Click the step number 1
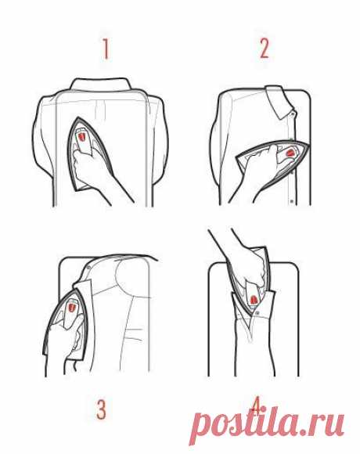click(x=106, y=49)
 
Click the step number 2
click(x=264, y=49)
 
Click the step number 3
click(x=101, y=410)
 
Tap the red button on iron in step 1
click(x=82, y=136)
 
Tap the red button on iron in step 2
click(x=290, y=153)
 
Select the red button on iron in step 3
click(x=71, y=307)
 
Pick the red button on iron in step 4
click(x=254, y=300)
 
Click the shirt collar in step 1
click(x=101, y=85)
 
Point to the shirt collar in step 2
click(x=279, y=102)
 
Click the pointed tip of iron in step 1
click(x=78, y=117)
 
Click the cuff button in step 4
click(x=257, y=313)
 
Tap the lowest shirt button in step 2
click(x=291, y=200)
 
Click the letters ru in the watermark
click(x=328, y=425)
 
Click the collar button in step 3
click(x=89, y=265)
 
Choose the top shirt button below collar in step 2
click(x=293, y=113)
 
